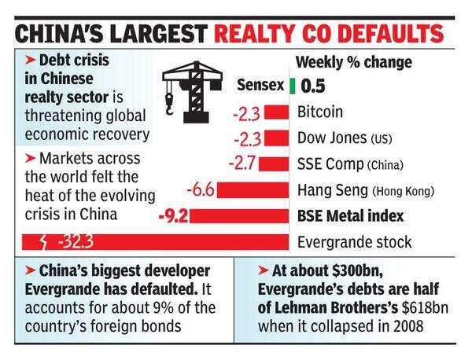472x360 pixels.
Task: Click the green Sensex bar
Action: pos(292,86)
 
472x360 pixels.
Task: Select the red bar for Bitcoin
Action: pos(276,113)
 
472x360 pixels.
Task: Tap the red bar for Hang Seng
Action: pos(253,190)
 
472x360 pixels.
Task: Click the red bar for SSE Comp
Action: pos(275,164)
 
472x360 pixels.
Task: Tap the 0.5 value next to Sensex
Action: pos(313,86)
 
